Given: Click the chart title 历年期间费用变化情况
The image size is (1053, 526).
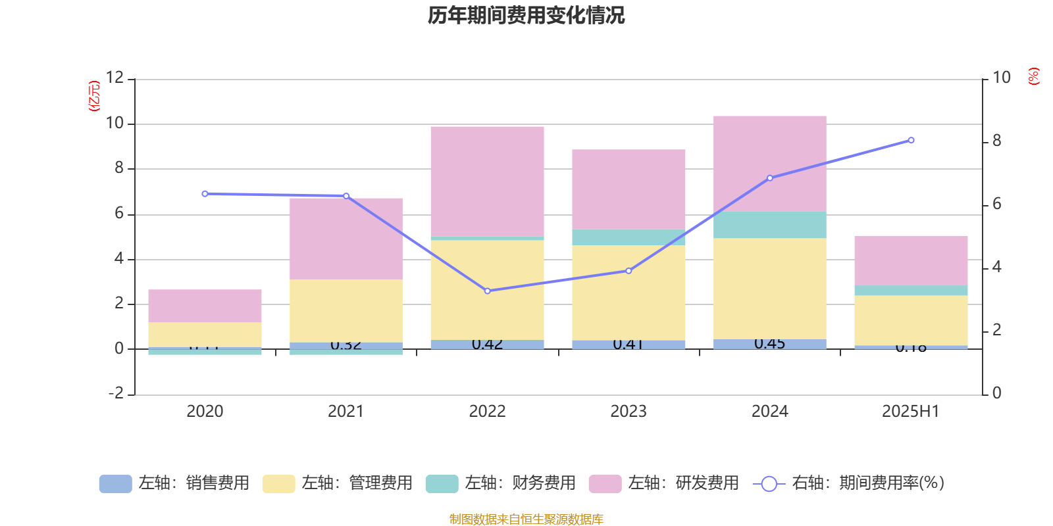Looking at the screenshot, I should pos(526,15).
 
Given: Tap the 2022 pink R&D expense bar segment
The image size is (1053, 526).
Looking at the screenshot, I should pos(487,181).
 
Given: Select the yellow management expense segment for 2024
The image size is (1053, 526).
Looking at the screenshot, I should pos(769,289).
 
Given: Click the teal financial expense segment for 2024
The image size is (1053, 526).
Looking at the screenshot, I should pos(769,225).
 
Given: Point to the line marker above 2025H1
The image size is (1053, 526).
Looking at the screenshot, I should pos(911,140).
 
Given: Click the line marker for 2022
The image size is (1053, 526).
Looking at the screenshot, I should pos(487,291).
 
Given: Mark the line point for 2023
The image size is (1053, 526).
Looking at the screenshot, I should pos(629,271).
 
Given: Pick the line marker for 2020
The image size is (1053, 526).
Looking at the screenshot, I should pos(205,194).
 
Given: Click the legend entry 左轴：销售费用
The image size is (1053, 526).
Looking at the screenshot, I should pos(174,483).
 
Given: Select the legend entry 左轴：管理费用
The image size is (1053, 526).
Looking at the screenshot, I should pos(338,483).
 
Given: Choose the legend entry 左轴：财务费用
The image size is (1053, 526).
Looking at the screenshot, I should pos(501,483).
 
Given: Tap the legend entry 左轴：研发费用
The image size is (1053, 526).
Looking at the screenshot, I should pos(664,483).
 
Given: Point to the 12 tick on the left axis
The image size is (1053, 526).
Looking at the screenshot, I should pos(115,78).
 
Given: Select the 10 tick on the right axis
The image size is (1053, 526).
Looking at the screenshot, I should pos(1001,78).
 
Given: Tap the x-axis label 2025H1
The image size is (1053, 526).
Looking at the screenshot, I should pos(911,412).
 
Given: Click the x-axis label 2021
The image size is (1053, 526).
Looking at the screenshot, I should pos(346,412).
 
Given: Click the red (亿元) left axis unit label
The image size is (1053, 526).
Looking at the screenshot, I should pos(94,96).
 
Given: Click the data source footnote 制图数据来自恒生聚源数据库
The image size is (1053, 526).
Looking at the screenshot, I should pos(526,519).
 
